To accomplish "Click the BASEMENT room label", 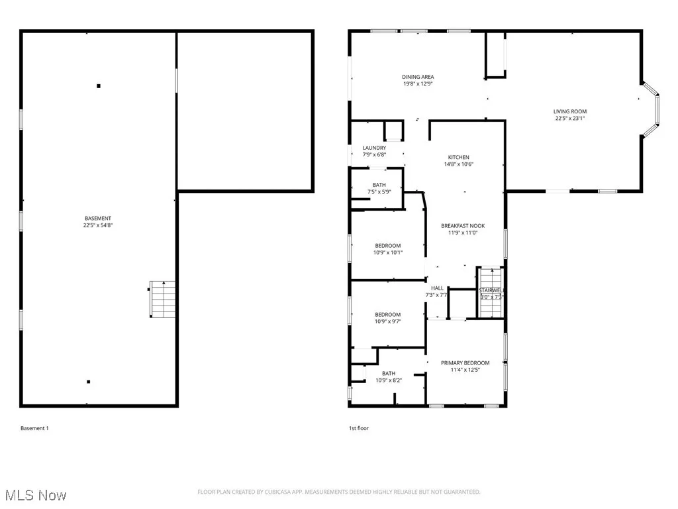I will pyautogui.click(x=97, y=219).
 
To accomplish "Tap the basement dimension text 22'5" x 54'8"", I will pyautogui.click(x=97, y=225).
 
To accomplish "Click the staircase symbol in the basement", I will pyautogui.click(x=162, y=299).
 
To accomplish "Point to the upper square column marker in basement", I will pyautogui.click(x=99, y=85).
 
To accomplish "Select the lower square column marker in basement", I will pyautogui.click(x=89, y=382).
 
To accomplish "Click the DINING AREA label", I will pyautogui.click(x=418, y=77).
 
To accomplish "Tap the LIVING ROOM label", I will pyautogui.click(x=570, y=111).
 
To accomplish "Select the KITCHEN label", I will pyautogui.click(x=458, y=157).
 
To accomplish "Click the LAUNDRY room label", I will pyautogui.click(x=374, y=148).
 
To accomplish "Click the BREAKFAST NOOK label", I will pyautogui.click(x=463, y=226).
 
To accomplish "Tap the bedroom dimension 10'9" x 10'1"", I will pyautogui.click(x=388, y=253).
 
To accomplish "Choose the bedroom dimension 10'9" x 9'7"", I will pyautogui.click(x=388, y=321).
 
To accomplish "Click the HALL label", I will pyautogui.click(x=437, y=288).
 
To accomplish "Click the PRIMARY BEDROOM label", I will pyautogui.click(x=465, y=363).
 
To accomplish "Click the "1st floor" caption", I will pyautogui.click(x=359, y=428).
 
